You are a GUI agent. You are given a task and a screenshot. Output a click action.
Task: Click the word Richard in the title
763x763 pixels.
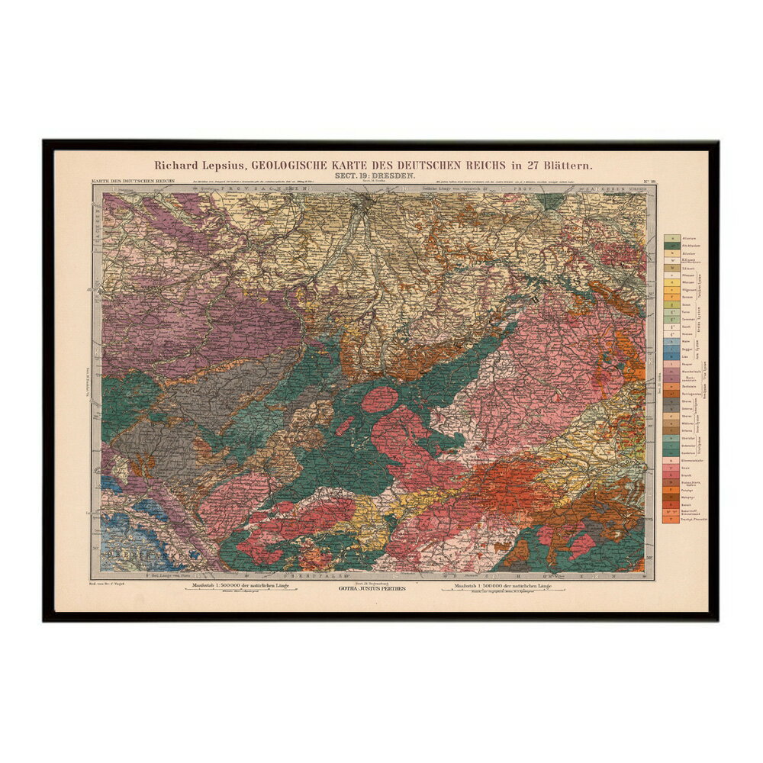point(175,164)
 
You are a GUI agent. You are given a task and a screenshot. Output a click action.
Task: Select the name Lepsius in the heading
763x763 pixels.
point(224,164)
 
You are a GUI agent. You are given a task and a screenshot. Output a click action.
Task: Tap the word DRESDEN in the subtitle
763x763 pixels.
point(391,176)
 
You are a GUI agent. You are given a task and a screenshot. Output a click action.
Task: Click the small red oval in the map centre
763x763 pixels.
point(379,399)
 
